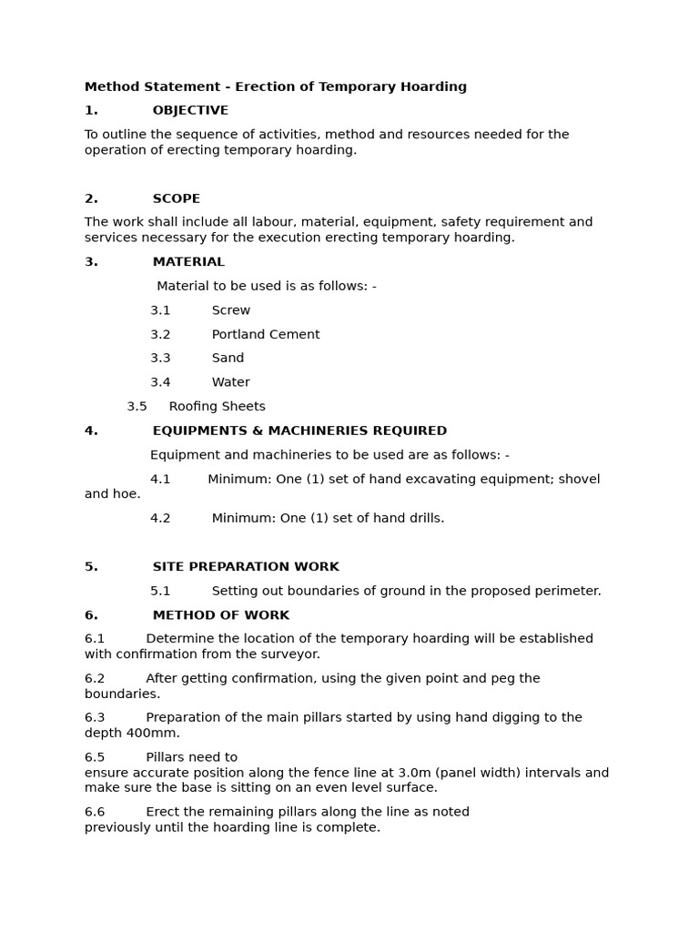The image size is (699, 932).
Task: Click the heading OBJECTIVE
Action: click(190, 111)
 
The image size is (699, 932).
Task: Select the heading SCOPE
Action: click(176, 198)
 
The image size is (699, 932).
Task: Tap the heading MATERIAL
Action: click(188, 262)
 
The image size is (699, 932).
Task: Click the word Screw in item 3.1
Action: click(231, 310)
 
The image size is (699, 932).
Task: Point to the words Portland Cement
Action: click(266, 335)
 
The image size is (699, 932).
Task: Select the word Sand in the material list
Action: click(228, 359)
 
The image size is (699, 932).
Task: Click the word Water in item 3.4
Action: click(230, 383)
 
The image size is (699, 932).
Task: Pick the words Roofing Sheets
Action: click(217, 407)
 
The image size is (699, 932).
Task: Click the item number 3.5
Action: click(137, 407)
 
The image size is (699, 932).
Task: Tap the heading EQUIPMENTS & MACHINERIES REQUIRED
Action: click(299, 431)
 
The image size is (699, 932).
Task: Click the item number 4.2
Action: click(160, 519)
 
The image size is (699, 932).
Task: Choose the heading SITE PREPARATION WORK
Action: click(246, 567)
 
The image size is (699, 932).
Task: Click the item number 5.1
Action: click(160, 592)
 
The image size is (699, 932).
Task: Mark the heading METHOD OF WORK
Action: click(220, 615)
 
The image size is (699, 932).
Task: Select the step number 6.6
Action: click(95, 812)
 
